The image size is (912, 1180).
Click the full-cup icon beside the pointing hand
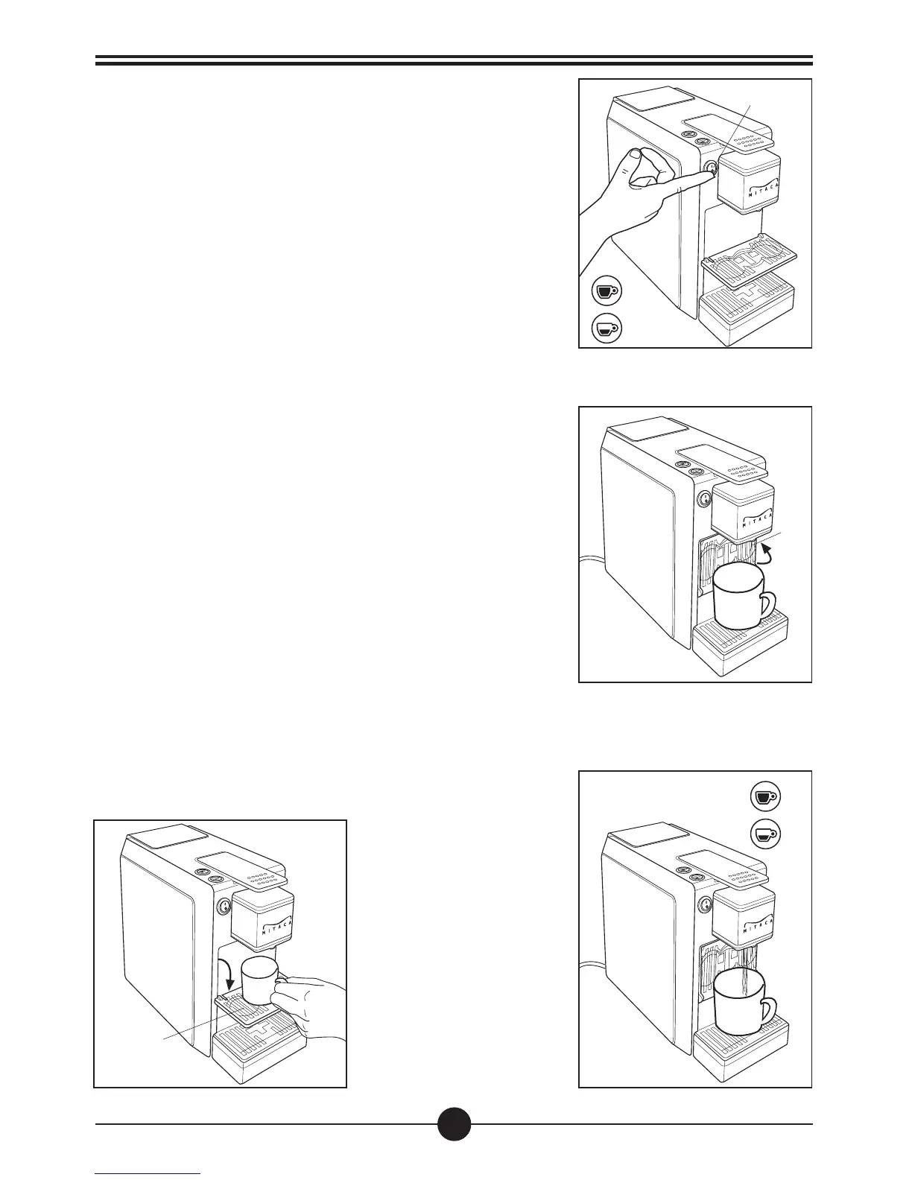[x=605, y=291]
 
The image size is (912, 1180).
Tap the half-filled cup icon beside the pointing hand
[x=605, y=328]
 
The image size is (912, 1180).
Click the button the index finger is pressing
[x=709, y=168]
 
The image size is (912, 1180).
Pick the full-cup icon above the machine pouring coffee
[x=764, y=796]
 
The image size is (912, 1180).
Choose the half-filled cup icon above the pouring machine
[x=764, y=833]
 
